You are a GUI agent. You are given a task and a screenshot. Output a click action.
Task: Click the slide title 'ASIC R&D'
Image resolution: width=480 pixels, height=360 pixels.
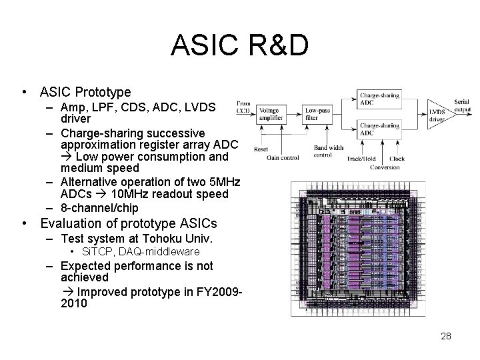(240, 45)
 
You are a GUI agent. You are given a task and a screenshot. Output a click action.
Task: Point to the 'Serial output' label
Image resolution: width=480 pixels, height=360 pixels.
(461, 105)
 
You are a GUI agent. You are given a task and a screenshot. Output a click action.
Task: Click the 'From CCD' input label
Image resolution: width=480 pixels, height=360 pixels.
(243, 107)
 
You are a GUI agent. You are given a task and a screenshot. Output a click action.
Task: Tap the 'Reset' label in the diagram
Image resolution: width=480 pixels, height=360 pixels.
(261, 149)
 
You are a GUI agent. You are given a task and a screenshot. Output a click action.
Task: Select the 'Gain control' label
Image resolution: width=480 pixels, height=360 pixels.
(283, 158)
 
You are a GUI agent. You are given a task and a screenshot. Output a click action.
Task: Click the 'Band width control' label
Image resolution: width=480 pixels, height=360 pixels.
(328, 151)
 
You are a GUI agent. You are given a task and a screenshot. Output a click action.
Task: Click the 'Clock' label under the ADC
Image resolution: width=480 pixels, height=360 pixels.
(397, 159)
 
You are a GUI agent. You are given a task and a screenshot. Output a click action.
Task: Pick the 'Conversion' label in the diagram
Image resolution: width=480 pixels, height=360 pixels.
(385, 167)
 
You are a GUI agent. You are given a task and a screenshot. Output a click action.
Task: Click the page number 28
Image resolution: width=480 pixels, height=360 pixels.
(446, 336)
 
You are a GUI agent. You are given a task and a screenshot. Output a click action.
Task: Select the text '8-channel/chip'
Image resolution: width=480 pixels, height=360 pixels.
(99, 207)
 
